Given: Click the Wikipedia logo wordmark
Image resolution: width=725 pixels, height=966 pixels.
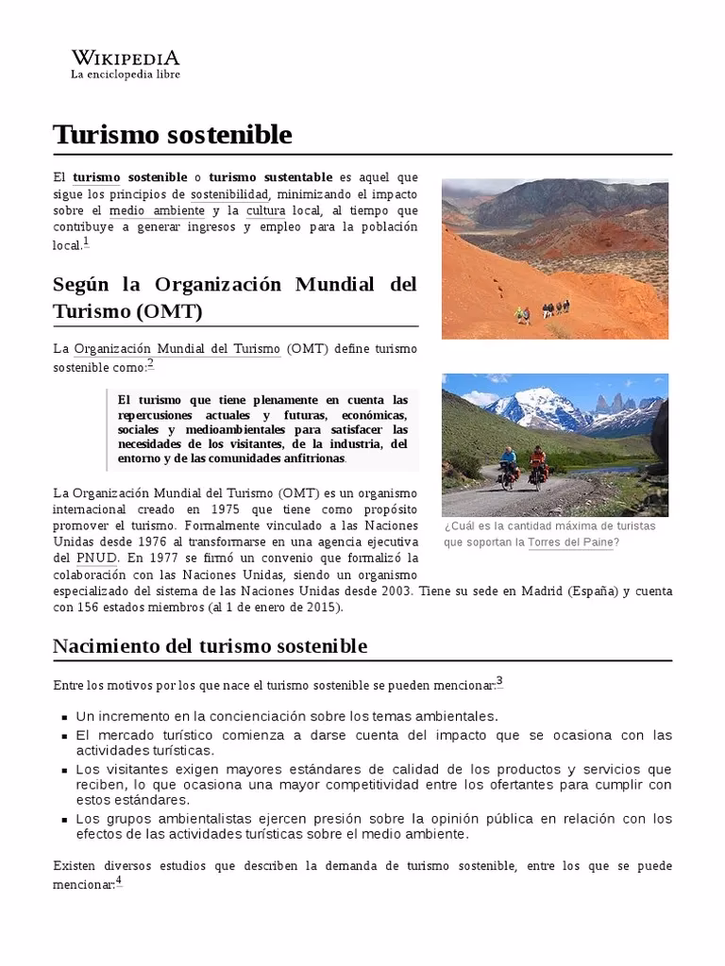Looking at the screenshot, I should (126, 58).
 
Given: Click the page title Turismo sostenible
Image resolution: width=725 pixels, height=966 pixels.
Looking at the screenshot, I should (173, 134).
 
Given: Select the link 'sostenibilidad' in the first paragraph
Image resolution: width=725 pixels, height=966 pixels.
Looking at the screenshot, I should (229, 194).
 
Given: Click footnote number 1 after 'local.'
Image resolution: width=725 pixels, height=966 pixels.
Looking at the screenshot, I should (86, 242).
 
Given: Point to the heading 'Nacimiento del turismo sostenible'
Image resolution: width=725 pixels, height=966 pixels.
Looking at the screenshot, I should (210, 646).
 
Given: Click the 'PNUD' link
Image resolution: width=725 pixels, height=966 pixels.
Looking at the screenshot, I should (98, 558).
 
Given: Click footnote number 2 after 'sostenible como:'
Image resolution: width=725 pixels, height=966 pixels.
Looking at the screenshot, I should (149, 364).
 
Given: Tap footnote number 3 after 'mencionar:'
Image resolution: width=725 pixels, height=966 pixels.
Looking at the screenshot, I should (499, 681).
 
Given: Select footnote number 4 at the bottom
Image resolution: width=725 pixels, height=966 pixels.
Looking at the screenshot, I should (119, 881).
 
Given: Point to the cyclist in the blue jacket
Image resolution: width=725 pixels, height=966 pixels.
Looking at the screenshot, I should (509, 463).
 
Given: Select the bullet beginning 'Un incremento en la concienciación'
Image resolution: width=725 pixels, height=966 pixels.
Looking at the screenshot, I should (286, 716).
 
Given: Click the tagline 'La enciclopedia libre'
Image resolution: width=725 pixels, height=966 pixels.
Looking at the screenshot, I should (126, 75).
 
